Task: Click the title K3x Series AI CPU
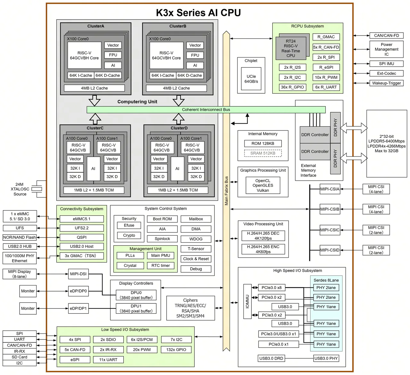point(198,13)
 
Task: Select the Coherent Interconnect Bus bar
point(206,110)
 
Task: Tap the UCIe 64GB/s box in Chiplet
point(251,79)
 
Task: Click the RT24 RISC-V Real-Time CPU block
point(291,48)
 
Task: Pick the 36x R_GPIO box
point(292,87)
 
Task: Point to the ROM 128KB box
point(263,144)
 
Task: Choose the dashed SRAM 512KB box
point(263,153)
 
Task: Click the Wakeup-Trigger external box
point(386,83)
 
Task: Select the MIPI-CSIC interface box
point(330,230)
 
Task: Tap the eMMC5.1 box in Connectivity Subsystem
point(82,219)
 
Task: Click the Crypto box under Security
point(129,235)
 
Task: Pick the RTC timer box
point(160,266)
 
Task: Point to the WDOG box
point(196,239)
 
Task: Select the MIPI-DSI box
point(78,274)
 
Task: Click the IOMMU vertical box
point(247,301)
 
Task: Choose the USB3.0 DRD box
point(271,358)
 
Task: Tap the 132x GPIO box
point(176,350)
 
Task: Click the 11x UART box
point(108,360)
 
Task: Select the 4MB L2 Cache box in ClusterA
point(94,88)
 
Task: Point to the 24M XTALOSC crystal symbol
point(37,189)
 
